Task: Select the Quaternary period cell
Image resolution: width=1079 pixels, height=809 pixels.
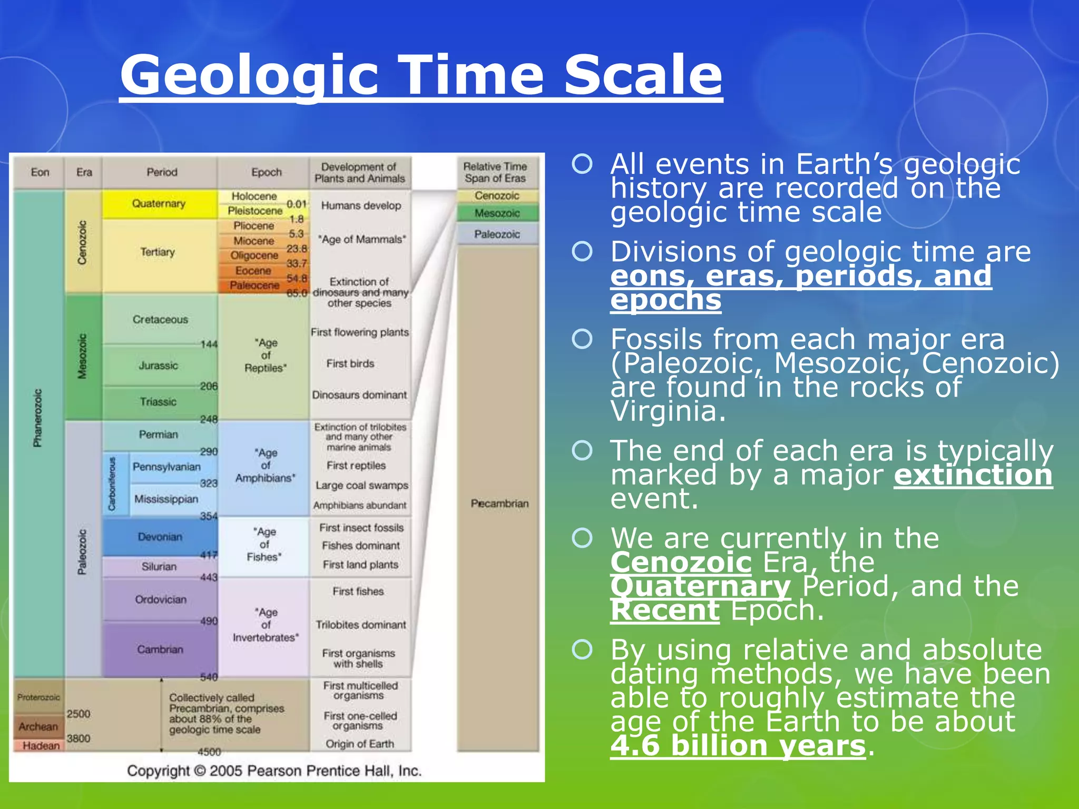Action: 159,204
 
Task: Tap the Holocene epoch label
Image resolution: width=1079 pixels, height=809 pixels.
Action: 254,196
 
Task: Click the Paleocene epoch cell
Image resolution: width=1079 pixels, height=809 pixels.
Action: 254,285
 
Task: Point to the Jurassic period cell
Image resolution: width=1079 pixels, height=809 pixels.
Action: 158,366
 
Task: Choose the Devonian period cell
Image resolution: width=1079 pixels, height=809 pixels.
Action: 160,537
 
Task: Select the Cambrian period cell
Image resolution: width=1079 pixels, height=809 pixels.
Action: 160,649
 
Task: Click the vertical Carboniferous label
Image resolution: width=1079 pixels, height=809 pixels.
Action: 112,484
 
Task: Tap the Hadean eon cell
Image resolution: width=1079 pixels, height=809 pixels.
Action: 41,746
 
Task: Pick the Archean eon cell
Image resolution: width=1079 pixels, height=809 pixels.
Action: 38,726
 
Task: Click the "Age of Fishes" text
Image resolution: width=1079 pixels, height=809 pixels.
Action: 264,545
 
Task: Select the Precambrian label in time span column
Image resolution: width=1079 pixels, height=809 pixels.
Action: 499,504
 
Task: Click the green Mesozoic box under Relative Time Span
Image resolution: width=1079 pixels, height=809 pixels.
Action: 497,213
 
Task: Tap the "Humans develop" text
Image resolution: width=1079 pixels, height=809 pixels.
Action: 361,206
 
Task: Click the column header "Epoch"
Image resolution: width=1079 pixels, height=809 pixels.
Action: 266,172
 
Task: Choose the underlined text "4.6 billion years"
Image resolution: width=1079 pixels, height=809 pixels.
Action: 738,746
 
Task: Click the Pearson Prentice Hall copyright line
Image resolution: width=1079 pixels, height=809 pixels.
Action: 274,771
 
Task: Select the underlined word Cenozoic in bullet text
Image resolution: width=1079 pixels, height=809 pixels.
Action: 681,562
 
